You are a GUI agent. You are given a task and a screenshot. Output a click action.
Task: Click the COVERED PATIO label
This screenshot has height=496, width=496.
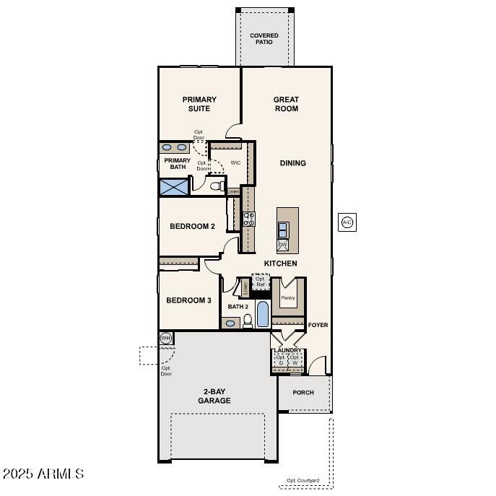tap(264, 38)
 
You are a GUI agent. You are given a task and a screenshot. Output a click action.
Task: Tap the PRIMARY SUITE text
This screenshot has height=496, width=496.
tap(199, 104)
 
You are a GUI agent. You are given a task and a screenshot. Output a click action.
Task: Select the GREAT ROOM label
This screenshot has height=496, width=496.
tap(286, 104)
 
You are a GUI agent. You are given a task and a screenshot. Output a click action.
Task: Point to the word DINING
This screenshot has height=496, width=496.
tap(292, 163)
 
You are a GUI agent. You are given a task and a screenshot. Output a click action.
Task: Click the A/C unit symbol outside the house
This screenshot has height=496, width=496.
tap(347, 222)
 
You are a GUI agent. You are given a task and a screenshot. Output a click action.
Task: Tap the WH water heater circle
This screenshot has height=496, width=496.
tap(165, 338)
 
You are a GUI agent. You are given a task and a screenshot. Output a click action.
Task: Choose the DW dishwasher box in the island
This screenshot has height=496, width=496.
tap(283, 245)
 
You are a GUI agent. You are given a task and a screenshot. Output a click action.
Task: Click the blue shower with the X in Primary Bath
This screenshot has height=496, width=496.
tap(173, 187)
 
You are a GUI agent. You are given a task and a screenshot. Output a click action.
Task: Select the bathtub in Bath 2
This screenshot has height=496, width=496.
tap(262, 315)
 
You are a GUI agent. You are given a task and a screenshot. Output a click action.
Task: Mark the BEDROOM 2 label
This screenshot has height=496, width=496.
tap(192, 227)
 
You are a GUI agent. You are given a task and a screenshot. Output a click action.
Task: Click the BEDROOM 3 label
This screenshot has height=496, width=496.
tap(188, 300)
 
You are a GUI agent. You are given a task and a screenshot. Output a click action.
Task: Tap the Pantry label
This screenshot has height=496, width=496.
tap(288, 297)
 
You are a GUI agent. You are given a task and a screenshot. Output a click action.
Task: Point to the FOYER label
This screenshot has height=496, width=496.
tap(318, 325)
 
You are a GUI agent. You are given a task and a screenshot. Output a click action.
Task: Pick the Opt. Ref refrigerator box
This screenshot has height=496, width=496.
tap(261, 282)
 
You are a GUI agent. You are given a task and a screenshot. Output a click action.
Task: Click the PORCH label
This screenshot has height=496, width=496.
tap(303, 393)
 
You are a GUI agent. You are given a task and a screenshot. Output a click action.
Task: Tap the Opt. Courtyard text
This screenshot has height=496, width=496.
tap(303, 481)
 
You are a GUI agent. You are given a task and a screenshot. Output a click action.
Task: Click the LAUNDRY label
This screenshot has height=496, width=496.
tap(288, 350)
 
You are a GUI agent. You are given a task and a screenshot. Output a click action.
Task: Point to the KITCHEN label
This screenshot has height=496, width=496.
tap(280, 264)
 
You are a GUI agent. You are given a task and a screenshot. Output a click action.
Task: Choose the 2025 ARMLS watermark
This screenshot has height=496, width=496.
tap(43, 474)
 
